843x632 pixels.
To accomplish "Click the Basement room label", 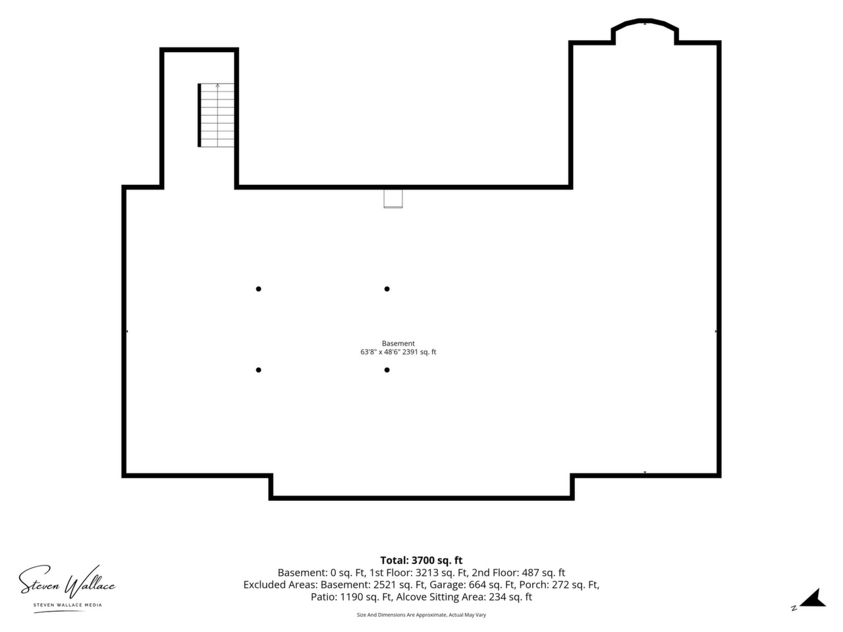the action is [398, 344].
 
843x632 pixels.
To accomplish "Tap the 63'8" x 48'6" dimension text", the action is [380, 352].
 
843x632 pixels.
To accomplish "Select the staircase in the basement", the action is [216, 115].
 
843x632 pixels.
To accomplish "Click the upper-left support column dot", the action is [258, 289].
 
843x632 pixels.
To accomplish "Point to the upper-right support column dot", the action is [387, 289].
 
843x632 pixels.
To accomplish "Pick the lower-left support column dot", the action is [258, 370].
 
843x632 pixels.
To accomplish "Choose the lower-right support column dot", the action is [387, 370].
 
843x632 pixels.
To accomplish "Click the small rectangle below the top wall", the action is [393, 199].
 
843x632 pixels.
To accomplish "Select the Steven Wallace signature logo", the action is [67, 583].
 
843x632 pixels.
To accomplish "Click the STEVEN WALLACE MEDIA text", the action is [68, 605].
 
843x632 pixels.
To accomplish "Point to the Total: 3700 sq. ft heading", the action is [421, 560].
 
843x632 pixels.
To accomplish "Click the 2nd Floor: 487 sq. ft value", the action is [518, 573].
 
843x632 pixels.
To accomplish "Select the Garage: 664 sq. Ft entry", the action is [473, 585].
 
